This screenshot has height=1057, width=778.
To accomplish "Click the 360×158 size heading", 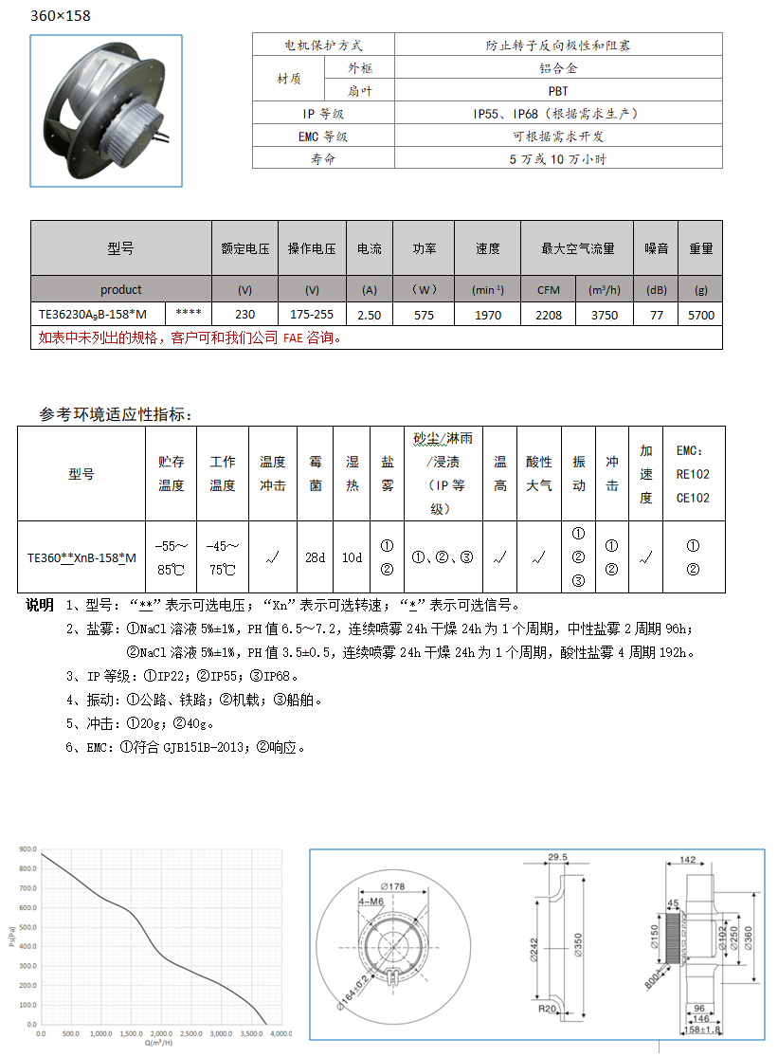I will [x=62, y=16].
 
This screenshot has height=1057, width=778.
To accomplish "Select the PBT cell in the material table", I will [x=557, y=91].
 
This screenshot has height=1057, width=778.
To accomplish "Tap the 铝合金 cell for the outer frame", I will [x=557, y=68].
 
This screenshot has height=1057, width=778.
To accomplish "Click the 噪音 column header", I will [x=656, y=248].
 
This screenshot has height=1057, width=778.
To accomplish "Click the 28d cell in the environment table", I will [x=315, y=557].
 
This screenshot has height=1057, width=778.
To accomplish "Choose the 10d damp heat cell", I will [x=352, y=557].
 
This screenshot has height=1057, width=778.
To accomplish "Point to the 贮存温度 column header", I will [x=172, y=474].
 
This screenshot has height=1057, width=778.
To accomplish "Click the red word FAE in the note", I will [x=294, y=337].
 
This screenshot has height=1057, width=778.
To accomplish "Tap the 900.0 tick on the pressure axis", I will [x=27, y=849].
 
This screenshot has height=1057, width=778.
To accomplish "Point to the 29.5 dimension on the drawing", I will [x=557, y=857].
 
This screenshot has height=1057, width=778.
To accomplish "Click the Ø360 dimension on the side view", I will [x=748, y=939].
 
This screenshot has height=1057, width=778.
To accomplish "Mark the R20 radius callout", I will [x=547, y=1011].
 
